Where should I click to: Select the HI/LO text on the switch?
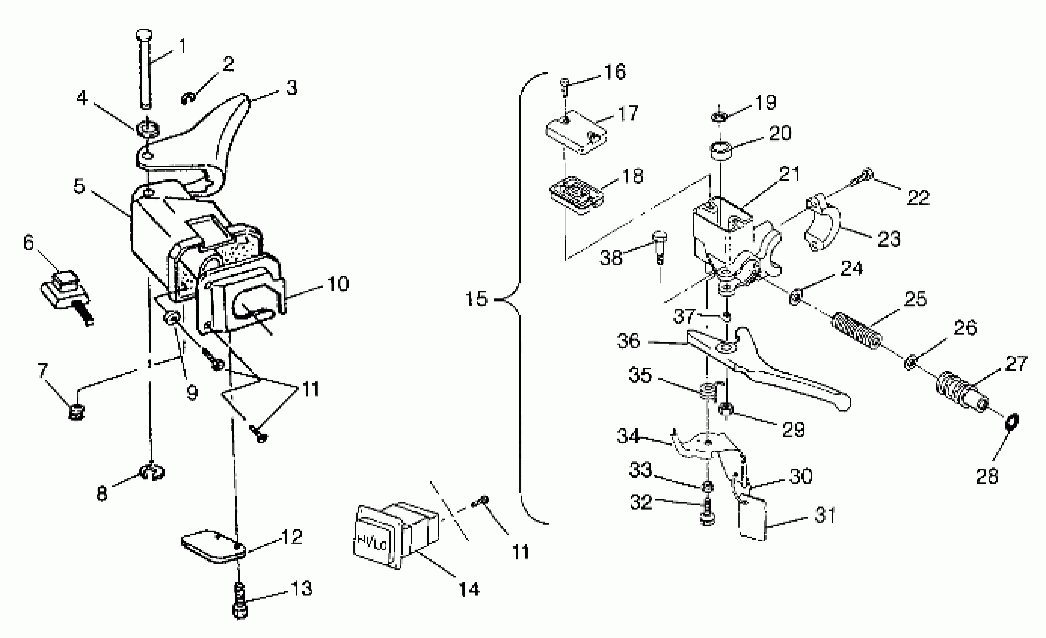[x=372, y=543]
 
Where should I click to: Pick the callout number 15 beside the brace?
[x=476, y=299]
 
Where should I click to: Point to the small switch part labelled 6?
[x=66, y=289]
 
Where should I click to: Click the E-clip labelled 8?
[x=152, y=472]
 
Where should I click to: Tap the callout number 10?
[x=338, y=284]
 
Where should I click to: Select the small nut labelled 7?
[x=76, y=411]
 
